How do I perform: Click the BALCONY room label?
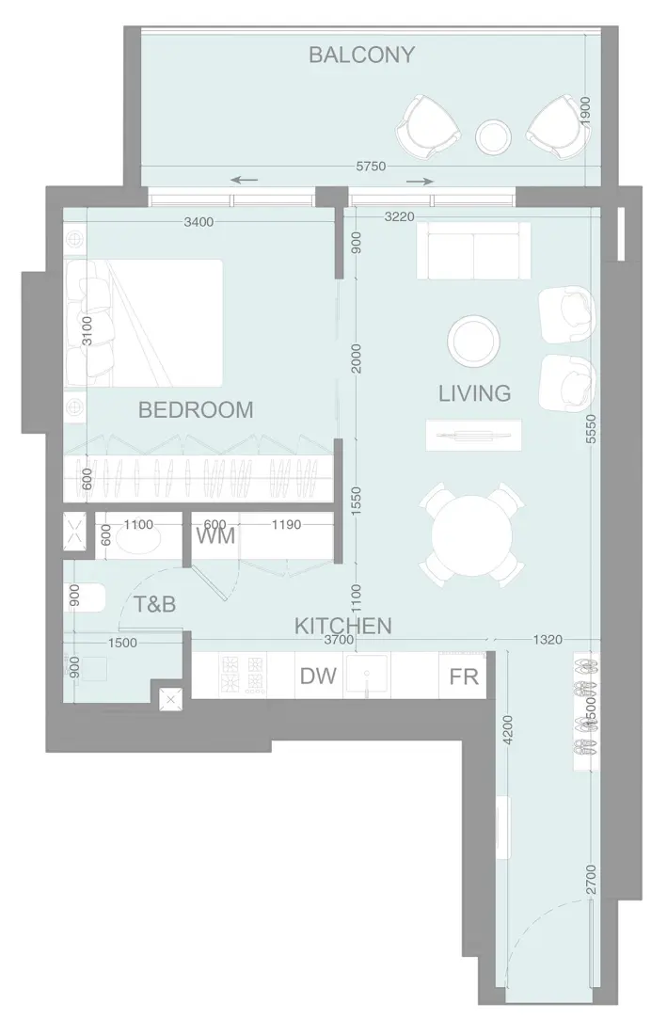[x=361, y=55]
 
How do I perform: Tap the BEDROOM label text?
[x=196, y=410]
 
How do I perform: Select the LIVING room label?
[x=474, y=392]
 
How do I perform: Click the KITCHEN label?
[x=343, y=625]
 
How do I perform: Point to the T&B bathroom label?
[x=154, y=604]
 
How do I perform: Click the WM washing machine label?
[x=215, y=536]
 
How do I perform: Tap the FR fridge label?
[x=464, y=677]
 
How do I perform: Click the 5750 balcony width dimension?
[x=371, y=167]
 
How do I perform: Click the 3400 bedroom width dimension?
[x=199, y=222]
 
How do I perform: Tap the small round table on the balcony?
[x=493, y=137]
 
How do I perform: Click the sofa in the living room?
[x=472, y=250]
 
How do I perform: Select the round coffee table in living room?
[x=473, y=341]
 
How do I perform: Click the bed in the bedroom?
[x=146, y=322]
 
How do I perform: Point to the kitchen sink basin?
[x=368, y=675]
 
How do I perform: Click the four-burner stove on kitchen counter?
[x=240, y=675]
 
